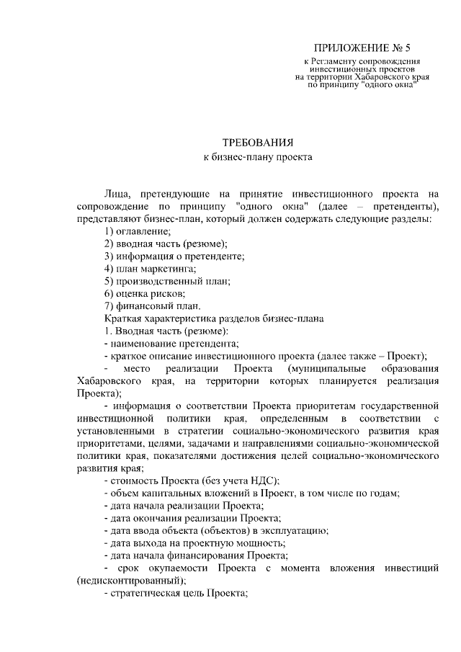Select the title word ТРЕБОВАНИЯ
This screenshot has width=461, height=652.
pos(258,142)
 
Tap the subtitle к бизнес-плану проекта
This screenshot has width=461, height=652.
pos(258,156)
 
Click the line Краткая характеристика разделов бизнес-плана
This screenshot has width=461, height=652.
pos(215,318)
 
